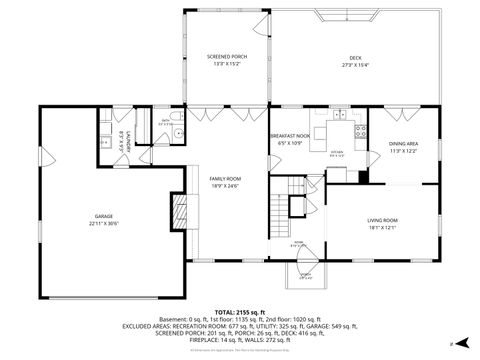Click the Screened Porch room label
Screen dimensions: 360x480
pyautogui.click(x=227, y=57)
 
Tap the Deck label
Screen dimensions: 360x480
pyautogui.click(x=355, y=57)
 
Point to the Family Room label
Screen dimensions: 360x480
pyautogui.click(x=226, y=179)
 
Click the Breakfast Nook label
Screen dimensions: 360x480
pyautogui.click(x=289, y=136)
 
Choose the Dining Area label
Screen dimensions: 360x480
pyautogui.click(x=403, y=144)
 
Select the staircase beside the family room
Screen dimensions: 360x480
pyautogui.click(x=281, y=209)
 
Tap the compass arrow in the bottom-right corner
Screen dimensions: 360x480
pyautogui.click(x=455, y=343)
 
